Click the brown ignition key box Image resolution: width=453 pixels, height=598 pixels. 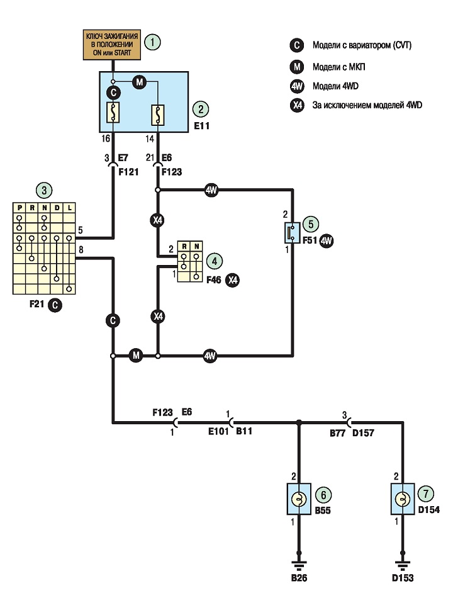(112, 45)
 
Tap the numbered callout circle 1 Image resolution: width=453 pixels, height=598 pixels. (152, 42)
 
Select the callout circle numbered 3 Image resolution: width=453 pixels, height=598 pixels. (44, 190)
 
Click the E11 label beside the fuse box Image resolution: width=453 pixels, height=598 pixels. (202, 126)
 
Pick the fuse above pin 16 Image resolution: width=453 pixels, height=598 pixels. (113, 112)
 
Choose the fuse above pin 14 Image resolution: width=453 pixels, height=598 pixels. (158, 115)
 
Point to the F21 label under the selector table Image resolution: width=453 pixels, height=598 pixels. (37, 304)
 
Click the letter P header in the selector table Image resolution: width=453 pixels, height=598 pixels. (19, 208)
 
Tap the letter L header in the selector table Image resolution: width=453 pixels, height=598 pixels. (69, 208)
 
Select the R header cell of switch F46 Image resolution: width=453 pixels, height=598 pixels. (184, 246)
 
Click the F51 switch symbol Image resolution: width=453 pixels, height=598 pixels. (293, 233)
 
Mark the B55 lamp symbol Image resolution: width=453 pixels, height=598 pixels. (299, 499)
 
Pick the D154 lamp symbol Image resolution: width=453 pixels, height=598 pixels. (403, 499)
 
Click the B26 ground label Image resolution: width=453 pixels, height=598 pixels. (299, 578)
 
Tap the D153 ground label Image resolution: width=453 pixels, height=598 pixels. (403, 578)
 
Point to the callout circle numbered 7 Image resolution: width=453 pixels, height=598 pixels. (426, 494)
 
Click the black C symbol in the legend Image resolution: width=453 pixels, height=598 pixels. (297, 45)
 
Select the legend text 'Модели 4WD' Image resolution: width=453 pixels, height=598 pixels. (335, 86)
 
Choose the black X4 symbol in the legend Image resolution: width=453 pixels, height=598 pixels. (297, 105)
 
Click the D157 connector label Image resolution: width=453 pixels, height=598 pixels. (363, 433)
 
